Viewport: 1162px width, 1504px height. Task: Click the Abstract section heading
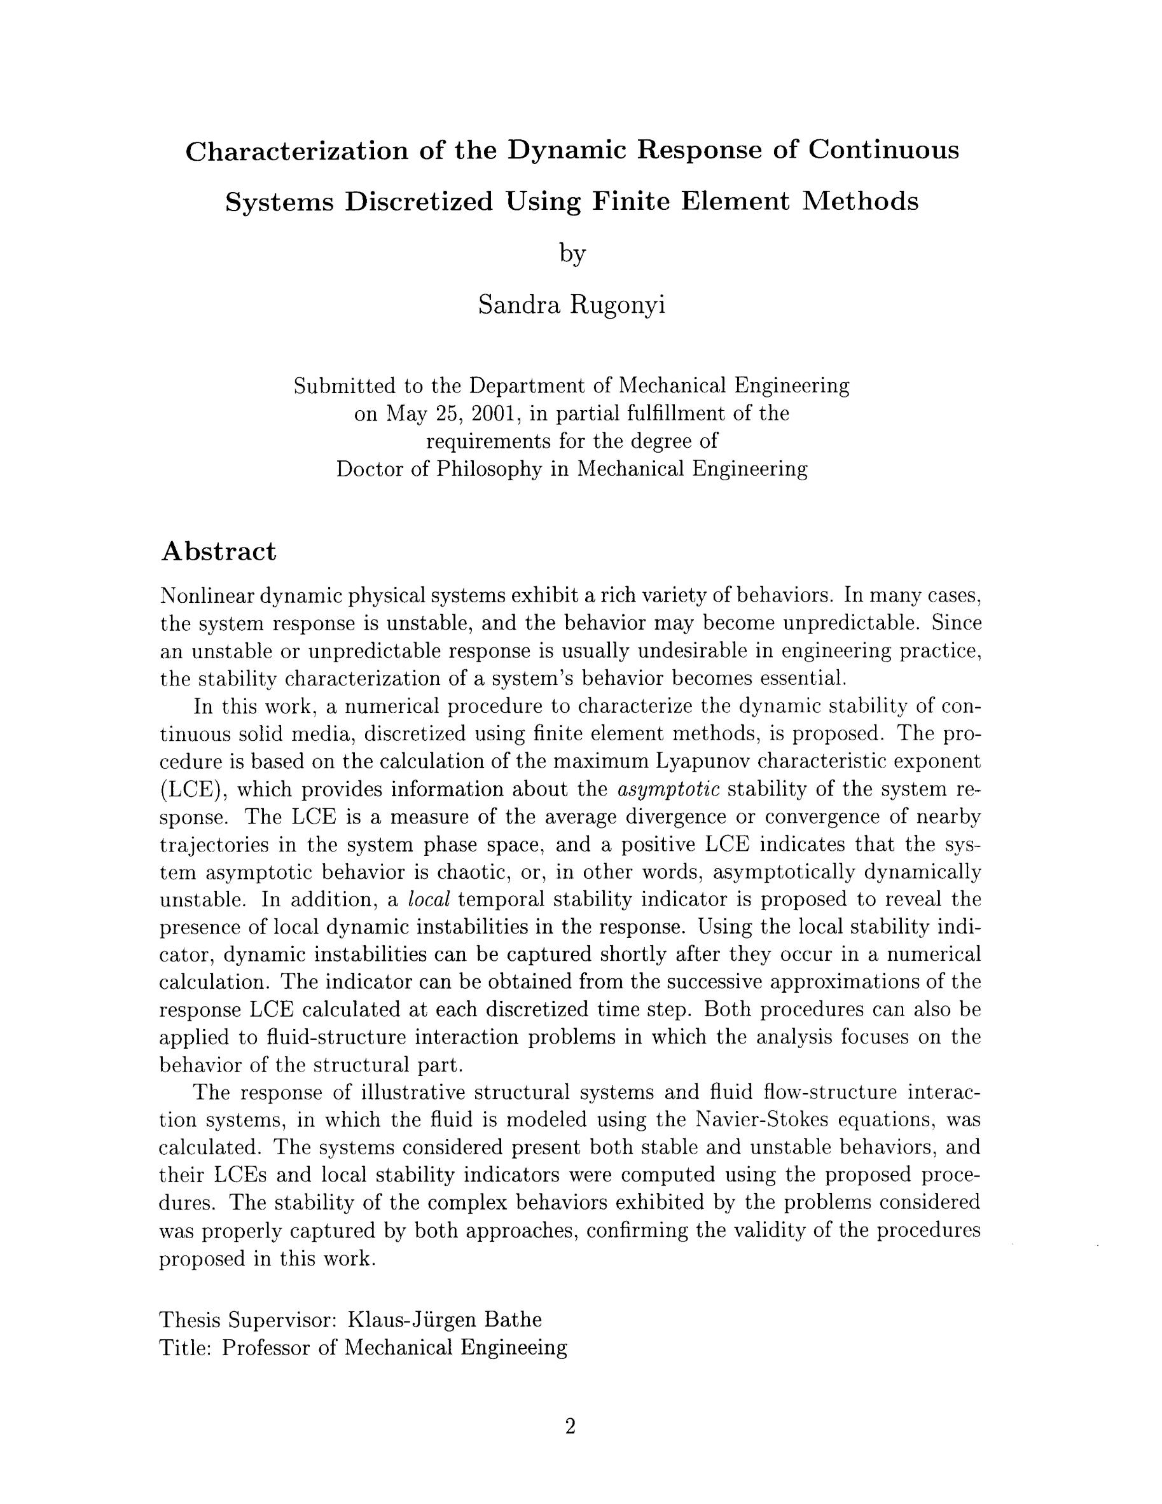218,551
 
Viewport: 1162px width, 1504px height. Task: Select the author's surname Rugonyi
616,305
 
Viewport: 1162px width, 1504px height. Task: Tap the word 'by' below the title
572,254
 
